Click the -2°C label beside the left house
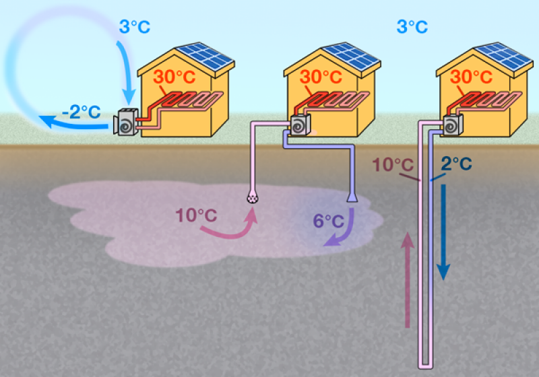[x=81, y=111]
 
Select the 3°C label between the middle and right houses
[x=412, y=27]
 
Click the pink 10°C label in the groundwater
[x=196, y=216]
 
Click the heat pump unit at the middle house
[x=300, y=124]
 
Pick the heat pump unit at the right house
[x=453, y=124]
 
